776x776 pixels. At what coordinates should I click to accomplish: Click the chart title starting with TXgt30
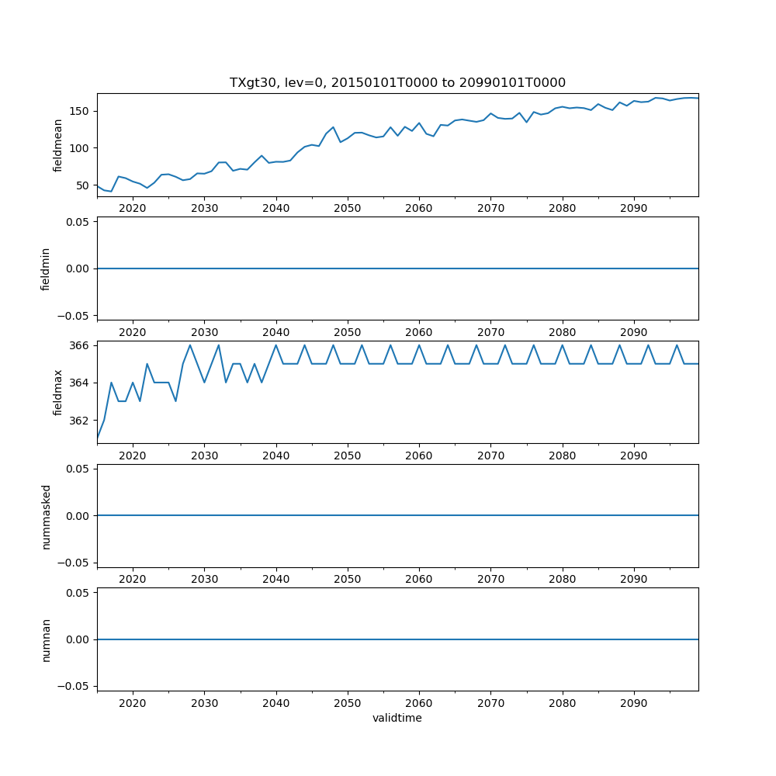(397, 82)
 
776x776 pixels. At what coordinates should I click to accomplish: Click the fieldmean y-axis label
(57, 145)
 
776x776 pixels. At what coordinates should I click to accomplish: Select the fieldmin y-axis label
(45, 268)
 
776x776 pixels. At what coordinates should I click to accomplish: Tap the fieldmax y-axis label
(57, 392)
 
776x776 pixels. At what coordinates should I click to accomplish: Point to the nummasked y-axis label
(46, 516)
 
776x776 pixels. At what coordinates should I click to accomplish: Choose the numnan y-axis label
(46, 639)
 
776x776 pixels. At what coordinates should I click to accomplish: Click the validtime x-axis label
(397, 718)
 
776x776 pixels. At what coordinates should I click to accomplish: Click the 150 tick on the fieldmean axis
(81, 111)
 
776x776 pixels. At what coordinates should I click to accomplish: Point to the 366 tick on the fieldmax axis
(81, 345)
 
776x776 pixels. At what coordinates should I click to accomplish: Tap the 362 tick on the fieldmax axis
(81, 421)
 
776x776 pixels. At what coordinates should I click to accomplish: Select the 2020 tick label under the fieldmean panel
(133, 208)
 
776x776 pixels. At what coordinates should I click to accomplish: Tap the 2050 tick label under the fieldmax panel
(348, 456)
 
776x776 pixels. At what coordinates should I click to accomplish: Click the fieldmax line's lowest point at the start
(97, 439)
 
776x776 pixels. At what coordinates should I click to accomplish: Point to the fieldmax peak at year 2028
(190, 345)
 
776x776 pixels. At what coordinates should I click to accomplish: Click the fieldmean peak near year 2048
(333, 127)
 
